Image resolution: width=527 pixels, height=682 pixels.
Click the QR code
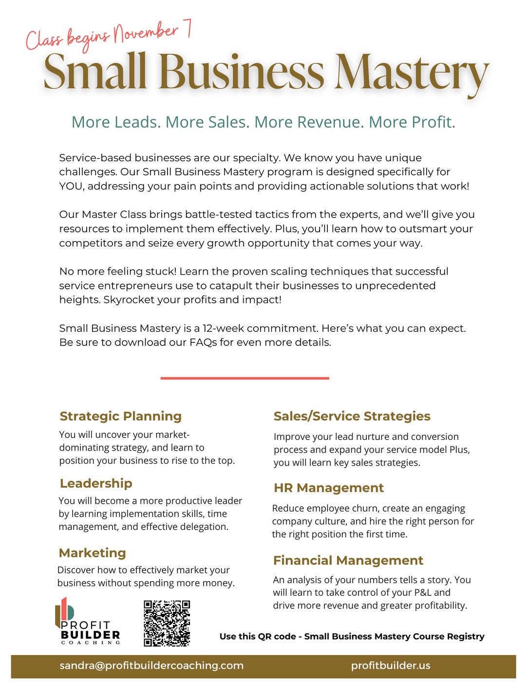coord(167,623)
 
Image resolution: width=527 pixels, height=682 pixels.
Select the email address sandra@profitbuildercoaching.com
coord(151,665)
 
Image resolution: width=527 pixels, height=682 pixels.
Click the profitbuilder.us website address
coord(391,665)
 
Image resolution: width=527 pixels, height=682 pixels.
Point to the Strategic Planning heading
coord(120,416)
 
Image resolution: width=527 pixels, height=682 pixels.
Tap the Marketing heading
coord(92,552)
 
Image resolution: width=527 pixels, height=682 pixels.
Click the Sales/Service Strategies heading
coord(352,416)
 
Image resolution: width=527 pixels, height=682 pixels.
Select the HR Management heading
coord(328,488)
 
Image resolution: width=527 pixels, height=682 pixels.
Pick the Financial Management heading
coord(348,560)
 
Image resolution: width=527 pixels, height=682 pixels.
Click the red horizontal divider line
coord(245,378)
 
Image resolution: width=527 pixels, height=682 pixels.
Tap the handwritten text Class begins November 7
coord(108,37)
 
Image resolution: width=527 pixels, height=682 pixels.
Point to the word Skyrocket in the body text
coord(128,300)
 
